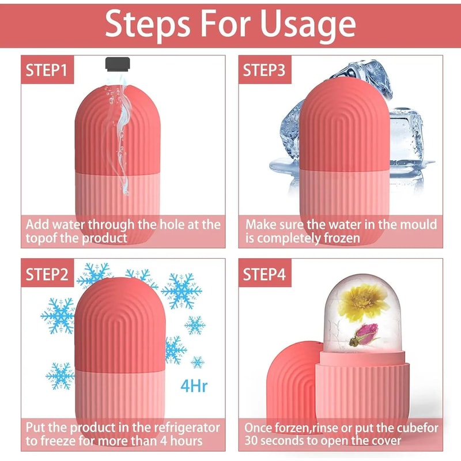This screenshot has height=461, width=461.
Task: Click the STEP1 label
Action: (x=47, y=70)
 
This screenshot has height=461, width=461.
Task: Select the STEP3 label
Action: (x=263, y=70)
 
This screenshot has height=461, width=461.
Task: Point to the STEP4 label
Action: (x=263, y=274)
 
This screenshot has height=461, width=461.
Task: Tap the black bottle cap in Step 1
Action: (x=118, y=65)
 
